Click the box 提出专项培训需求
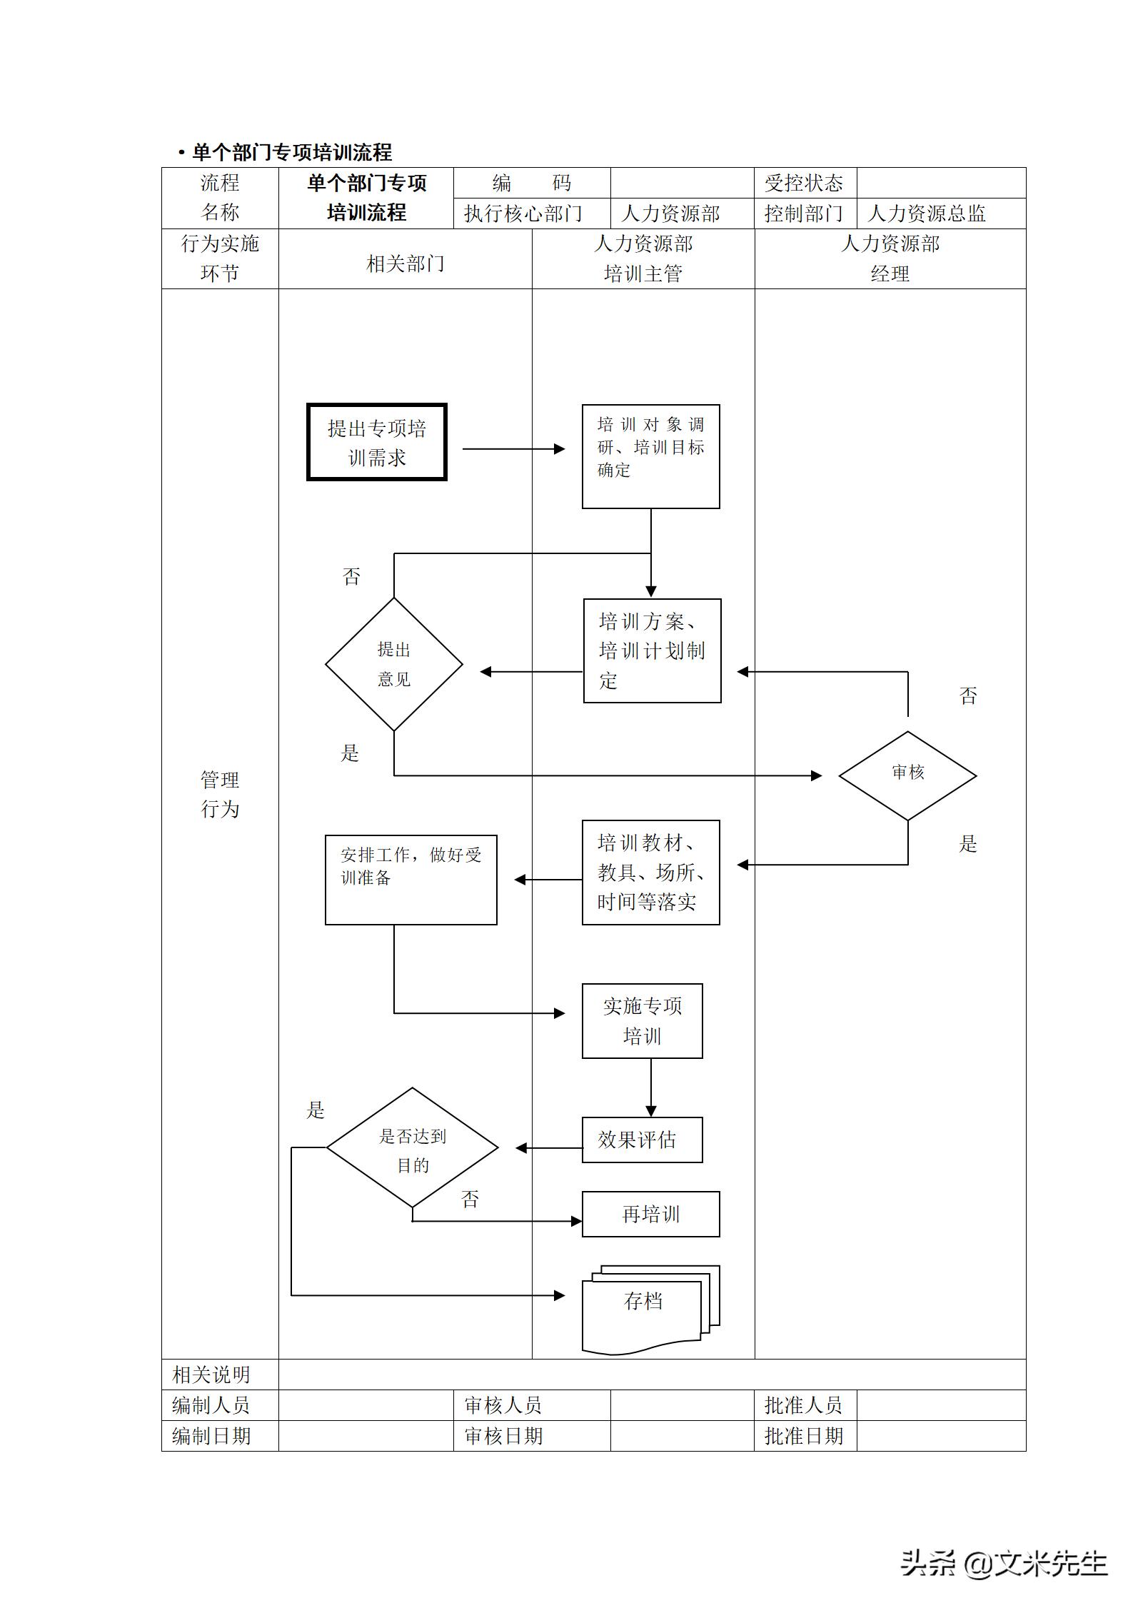click(377, 443)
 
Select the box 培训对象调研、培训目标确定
click(650, 456)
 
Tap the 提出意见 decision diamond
click(394, 664)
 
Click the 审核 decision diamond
click(907, 775)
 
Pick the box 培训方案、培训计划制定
click(652, 650)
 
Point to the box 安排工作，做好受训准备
click(411, 880)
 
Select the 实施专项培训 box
click(642, 1020)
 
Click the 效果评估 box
click(642, 1140)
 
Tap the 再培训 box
click(650, 1214)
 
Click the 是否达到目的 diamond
click(413, 1148)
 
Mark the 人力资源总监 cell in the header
click(940, 213)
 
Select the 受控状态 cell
click(805, 184)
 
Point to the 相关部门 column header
click(405, 264)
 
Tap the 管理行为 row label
click(220, 794)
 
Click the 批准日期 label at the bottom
click(804, 1436)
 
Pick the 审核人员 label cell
click(503, 1405)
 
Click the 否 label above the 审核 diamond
click(968, 695)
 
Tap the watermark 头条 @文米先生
click(1003, 1562)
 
